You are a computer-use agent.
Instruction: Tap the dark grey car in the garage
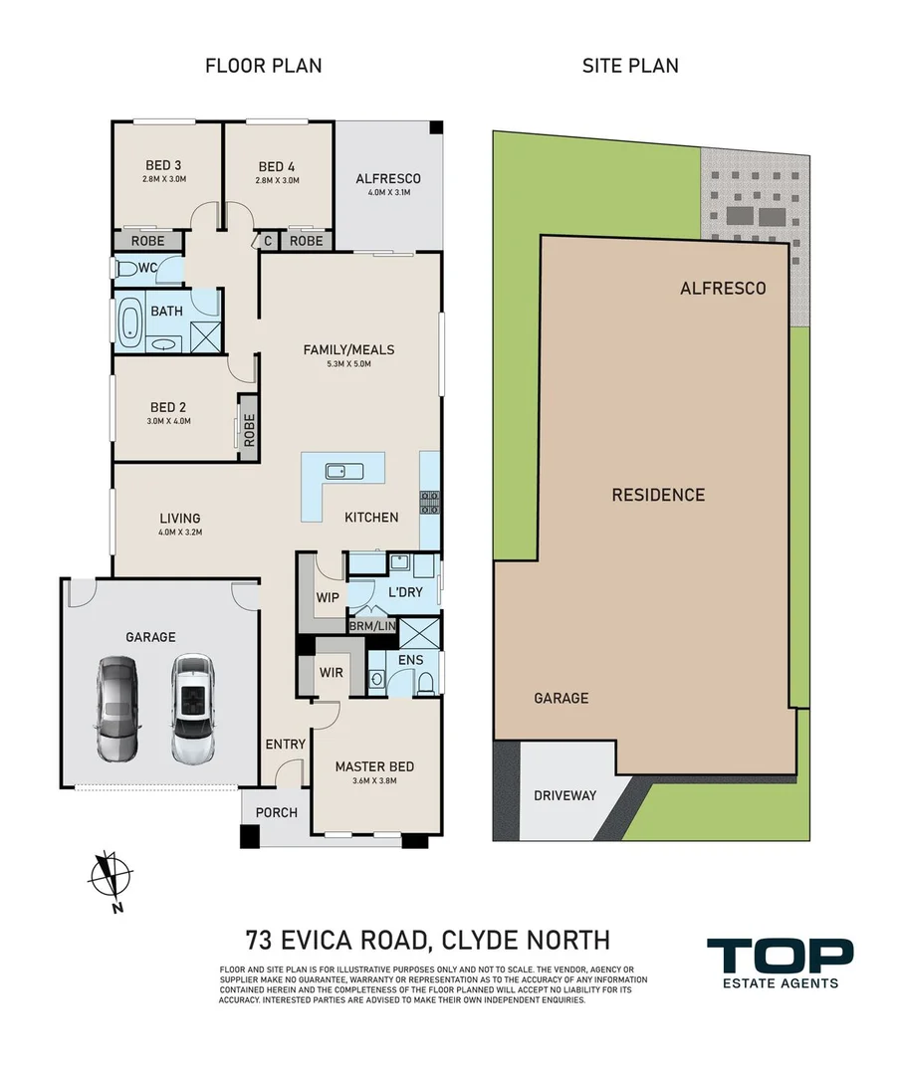coord(117,709)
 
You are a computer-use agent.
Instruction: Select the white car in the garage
coord(194,709)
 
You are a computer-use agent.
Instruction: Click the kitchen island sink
coord(337,471)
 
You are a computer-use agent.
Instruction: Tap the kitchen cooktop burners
coord(429,502)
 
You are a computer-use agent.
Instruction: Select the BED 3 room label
coord(163,165)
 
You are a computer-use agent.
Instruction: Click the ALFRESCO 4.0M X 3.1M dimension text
coord(389,193)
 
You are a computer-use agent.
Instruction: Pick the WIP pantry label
coord(328,597)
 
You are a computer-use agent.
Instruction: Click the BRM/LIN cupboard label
coord(373,626)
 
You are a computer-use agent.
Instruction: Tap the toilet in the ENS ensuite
coord(425,684)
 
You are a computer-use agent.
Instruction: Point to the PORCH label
coord(277,812)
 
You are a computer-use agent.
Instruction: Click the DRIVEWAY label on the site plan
coord(565,796)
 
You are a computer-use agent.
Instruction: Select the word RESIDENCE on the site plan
coord(658,495)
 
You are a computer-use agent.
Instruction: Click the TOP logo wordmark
coord(780,956)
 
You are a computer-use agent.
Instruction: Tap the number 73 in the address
coord(258,940)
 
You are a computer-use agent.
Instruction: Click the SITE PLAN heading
coord(630,66)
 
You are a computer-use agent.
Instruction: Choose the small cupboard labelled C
coord(268,241)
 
